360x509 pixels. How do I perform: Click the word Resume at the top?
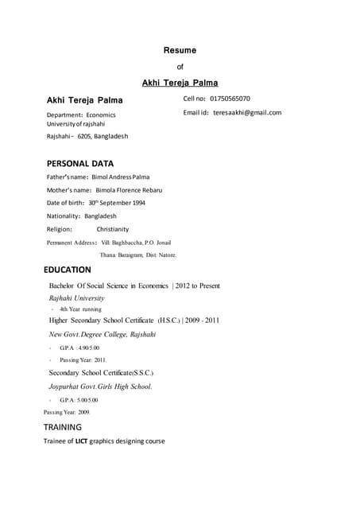(x=180, y=50)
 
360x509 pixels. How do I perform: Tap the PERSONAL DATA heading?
(x=80, y=163)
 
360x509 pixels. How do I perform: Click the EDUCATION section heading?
(x=68, y=270)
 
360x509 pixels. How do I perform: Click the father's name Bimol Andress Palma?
(x=121, y=177)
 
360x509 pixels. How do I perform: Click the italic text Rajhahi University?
(x=76, y=298)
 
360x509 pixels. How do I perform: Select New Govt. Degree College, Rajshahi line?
(x=103, y=335)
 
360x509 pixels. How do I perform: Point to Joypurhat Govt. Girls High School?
(x=100, y=387)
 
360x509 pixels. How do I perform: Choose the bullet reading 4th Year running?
(x=80, y=309)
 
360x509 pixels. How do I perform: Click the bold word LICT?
(x=81, y=441)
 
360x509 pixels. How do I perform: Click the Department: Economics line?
(x=81, y=115)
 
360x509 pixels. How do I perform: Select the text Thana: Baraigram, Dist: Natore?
(x=138, y=255)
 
